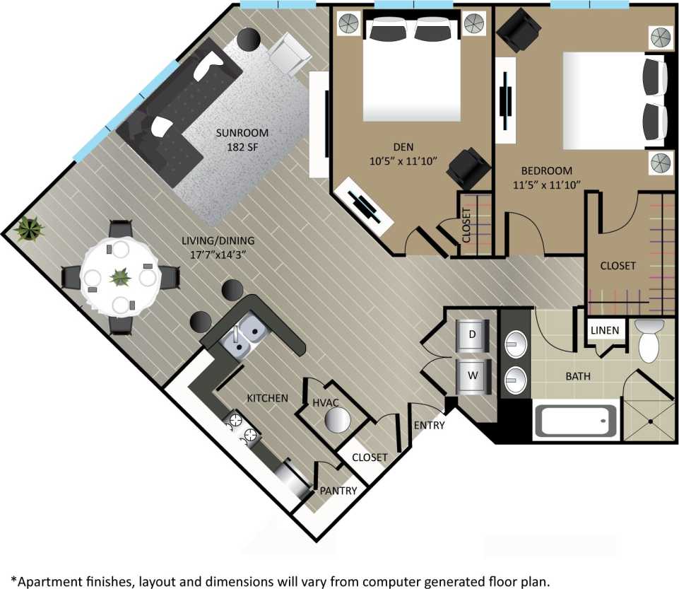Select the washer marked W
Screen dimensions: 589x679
[471, 376]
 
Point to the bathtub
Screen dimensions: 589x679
[573, 422]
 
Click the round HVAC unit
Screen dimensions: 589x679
[337, 421]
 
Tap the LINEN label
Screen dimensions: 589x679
[605, 330]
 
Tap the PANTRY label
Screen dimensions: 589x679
[338, 491]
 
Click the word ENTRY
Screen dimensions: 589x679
[429, 425]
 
